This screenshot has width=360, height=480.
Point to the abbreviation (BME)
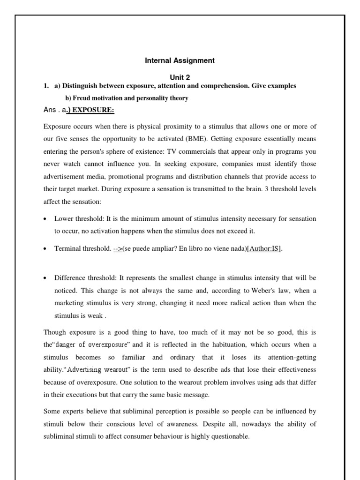coord(200,139)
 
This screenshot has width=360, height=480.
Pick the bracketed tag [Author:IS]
coord(264,249)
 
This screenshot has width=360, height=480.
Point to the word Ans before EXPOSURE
coord(50,111)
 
